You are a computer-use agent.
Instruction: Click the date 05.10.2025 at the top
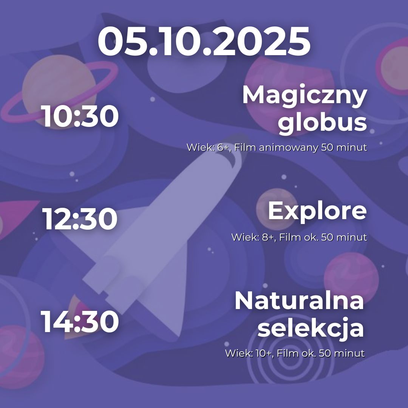tap(204, 41)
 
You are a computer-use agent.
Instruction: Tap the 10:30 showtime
tap(80, 116)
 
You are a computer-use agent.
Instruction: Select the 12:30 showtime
tap(80, 219)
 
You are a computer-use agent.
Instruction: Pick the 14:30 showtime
tap(80, 321)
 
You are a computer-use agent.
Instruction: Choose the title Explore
tap(317, 212)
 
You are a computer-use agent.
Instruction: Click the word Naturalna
tap(299, 301)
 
